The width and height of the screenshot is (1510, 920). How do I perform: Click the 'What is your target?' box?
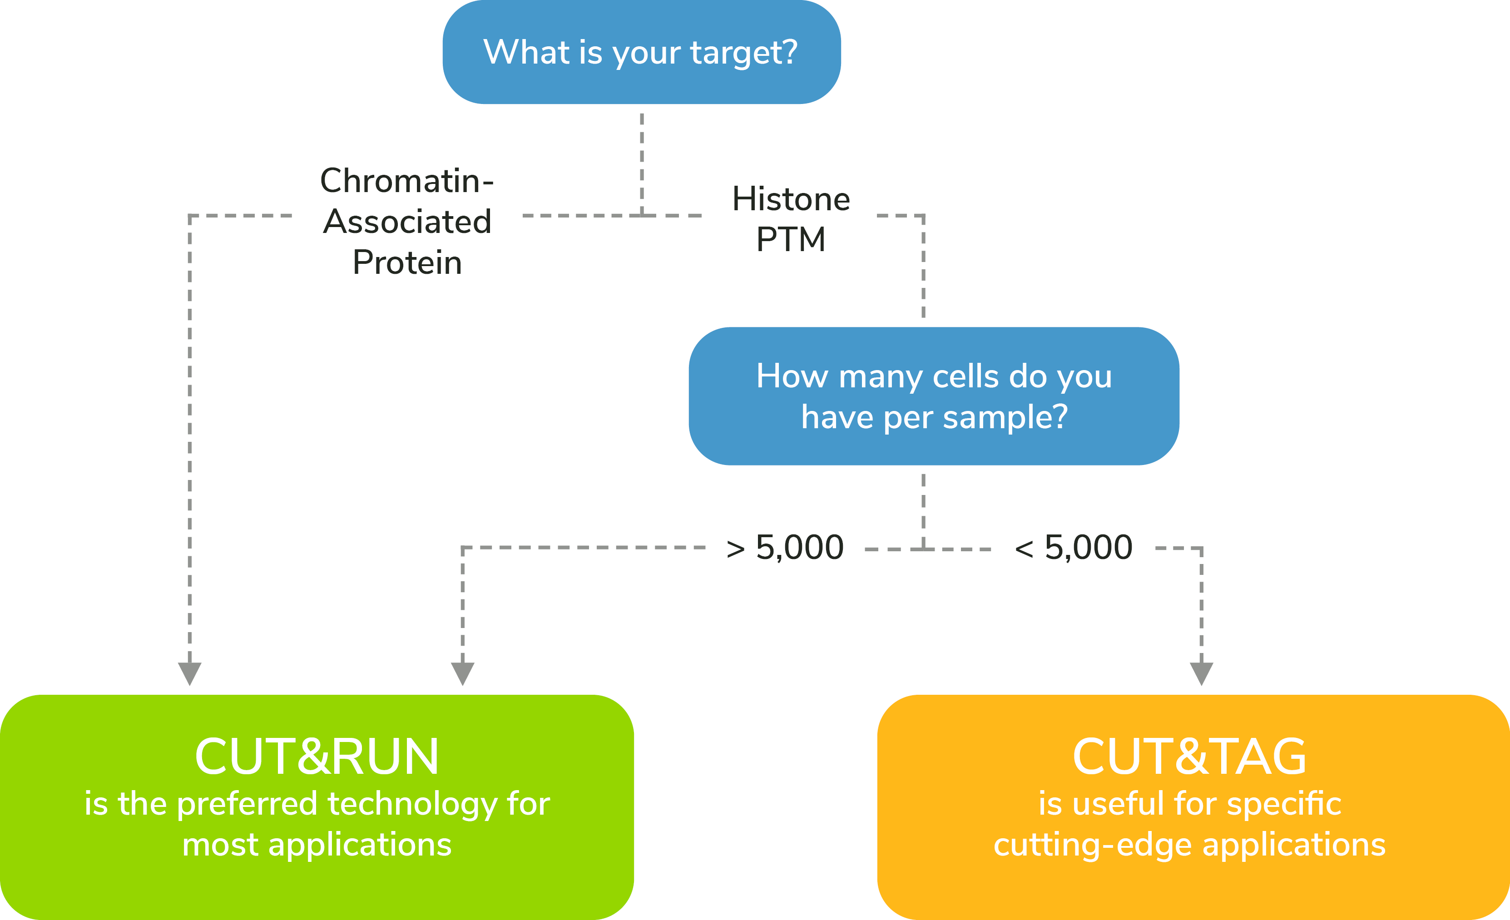pos(642,52)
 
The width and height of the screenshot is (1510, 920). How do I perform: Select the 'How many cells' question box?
pos(934,396)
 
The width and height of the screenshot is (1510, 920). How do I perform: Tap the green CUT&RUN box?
pos(317,807)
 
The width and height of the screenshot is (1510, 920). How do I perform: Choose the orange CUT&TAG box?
pos(1193,807)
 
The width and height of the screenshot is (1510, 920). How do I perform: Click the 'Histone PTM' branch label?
pos(791,219)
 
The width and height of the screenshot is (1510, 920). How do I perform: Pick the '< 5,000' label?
pos(1074,547)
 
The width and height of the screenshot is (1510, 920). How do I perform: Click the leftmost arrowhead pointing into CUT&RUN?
pos(189,673)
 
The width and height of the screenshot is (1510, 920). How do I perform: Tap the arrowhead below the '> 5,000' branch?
pos(463,673)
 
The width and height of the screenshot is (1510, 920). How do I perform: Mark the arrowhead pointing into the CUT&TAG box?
pos(1201,673)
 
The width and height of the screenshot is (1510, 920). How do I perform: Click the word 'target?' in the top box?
pos(744,53)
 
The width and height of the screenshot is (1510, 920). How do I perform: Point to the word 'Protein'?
pos(407,262)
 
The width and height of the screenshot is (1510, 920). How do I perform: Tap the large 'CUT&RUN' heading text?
pos(317,757)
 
